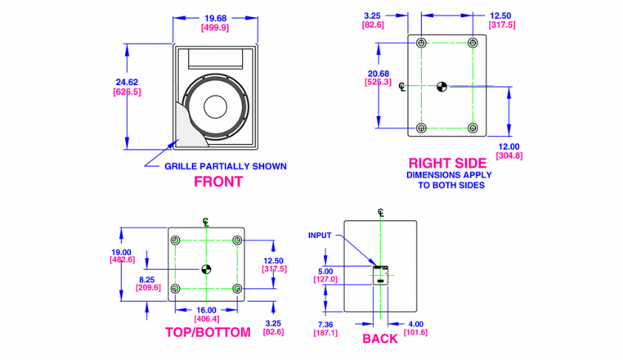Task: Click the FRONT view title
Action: [x=218, y=182]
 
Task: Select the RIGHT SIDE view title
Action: [x=447, y=163]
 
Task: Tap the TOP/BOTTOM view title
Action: [x=208, y=332]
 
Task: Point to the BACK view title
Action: [x=380, y=339]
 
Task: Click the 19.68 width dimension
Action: [x=215, y=18]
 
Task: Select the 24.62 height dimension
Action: [x=127, y=83]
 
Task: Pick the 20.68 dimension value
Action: [x=379, y=74]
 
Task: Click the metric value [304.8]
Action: [x=509, y=155]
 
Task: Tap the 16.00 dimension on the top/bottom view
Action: [x=206, y=310]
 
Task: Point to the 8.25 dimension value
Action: [x=146, y=280]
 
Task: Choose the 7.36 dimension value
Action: [x=325, y=325]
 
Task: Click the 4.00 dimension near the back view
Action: [x=415, y=324]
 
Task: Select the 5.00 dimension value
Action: [x=325, y=272]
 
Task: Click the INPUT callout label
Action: [x=320, y=236]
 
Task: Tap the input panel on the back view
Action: [x=380, y=275]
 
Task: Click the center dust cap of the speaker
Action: [x=215, y=106]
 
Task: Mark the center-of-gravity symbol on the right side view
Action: [x=441, y=87]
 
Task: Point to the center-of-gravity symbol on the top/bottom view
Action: [x=206, y=269]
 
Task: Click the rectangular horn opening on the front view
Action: [x=215, y=59]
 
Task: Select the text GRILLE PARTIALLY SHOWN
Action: [x=226, y=166]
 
